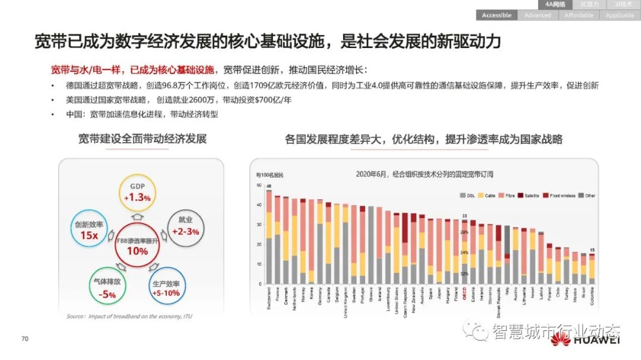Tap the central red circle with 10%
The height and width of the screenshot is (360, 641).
click(x=138, y=244)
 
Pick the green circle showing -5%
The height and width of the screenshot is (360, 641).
click(x=107, y=286)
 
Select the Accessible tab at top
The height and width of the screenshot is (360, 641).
click(x=497, y=15)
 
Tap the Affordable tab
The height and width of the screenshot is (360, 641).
click(x=579, y=15)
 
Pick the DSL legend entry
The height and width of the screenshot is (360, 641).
click(x=467, y=195)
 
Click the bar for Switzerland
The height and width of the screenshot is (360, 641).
click(x=269, y=237)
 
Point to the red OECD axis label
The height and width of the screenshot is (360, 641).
click(x=465, y=292)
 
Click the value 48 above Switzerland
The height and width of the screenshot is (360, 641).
click(x=269, y=186)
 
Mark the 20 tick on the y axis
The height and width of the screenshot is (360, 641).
click(x=259, y=244)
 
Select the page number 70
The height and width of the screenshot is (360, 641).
click(x=25, y=339)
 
